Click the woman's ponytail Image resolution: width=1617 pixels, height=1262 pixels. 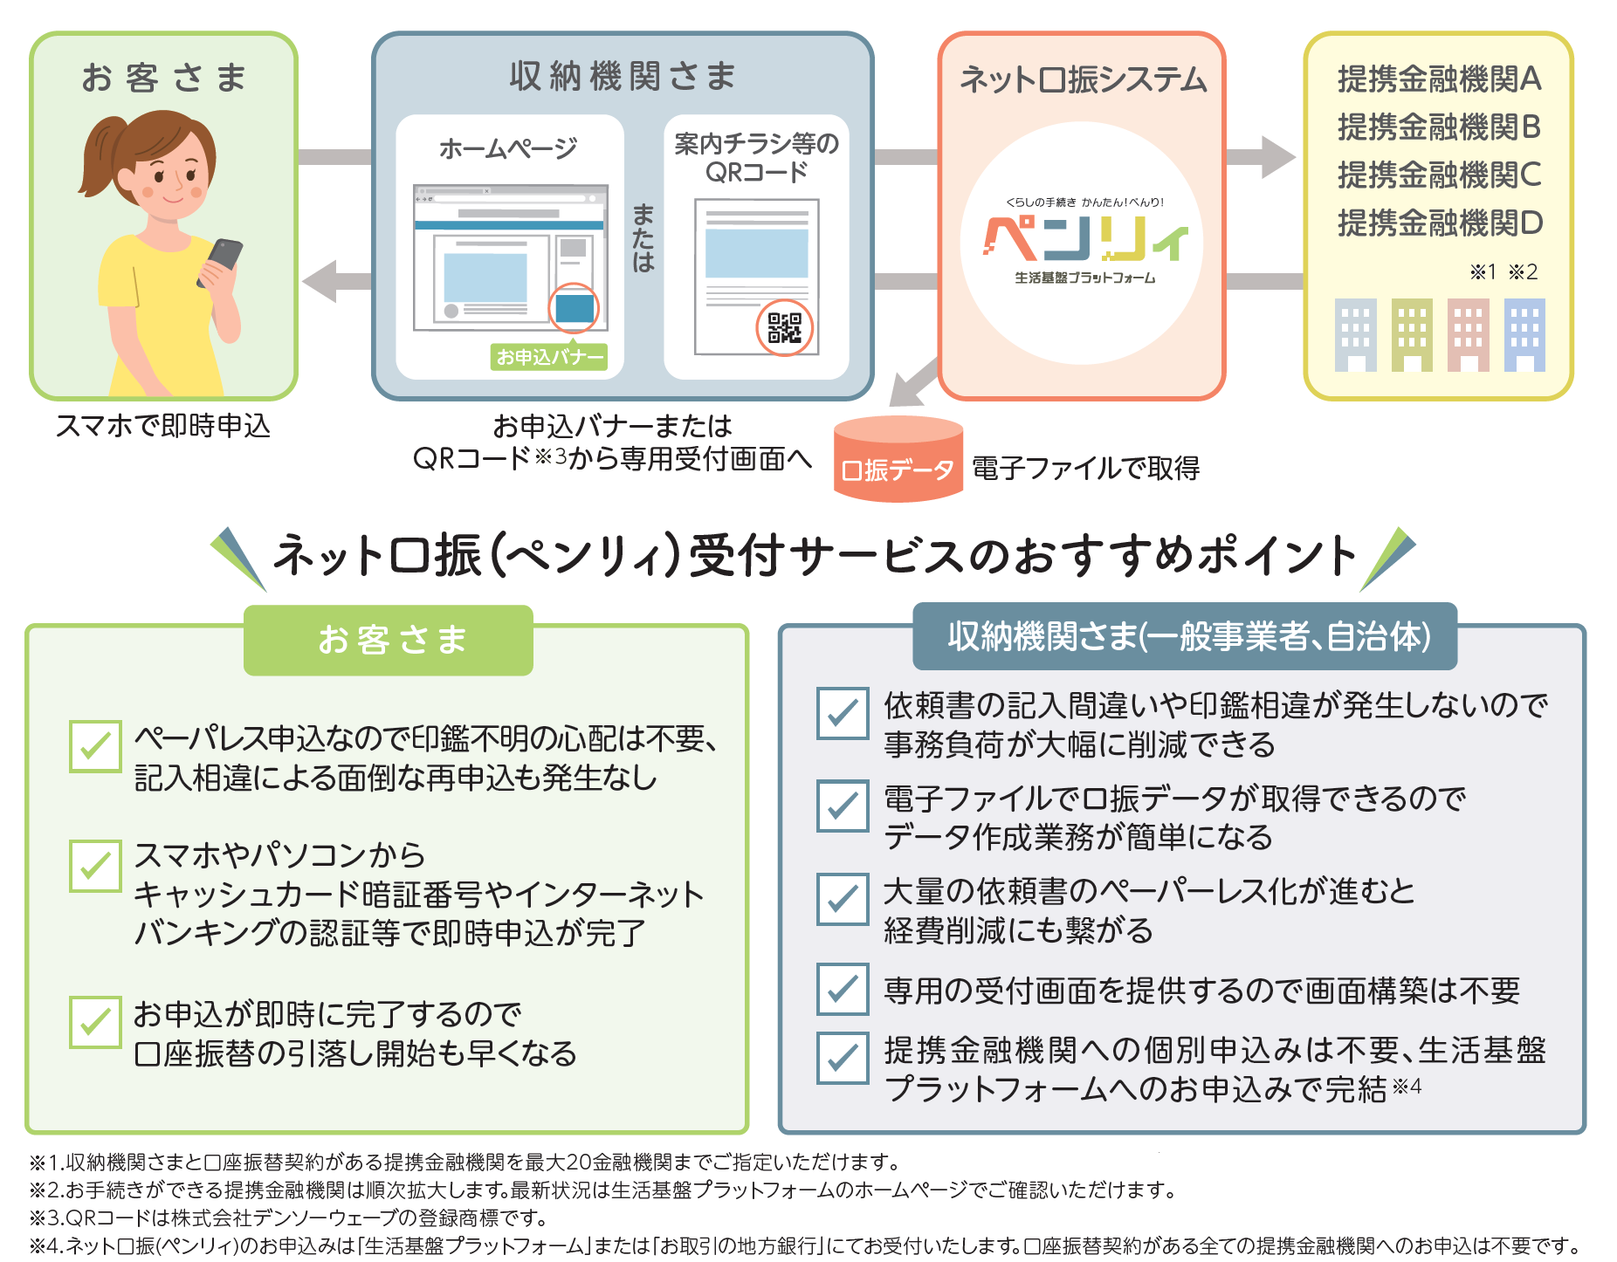[97, 157]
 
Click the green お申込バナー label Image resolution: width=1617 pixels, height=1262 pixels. [548, 357]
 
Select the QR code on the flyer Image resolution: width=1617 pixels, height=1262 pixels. [783, 328]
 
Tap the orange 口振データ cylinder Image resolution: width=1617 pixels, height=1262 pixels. [898, 460]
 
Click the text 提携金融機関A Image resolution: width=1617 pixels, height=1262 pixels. [1439, 79]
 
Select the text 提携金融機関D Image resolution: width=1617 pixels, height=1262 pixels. [1440, 223]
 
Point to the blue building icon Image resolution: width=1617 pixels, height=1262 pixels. [1524, 335]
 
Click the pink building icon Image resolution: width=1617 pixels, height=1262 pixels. [1469, 335]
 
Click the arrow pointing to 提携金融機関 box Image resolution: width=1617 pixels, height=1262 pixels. [1261, 157]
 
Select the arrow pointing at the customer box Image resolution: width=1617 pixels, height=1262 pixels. [337, 281]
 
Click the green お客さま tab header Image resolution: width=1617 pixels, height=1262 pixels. [389, 640]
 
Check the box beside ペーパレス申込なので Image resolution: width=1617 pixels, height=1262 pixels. [95, 746]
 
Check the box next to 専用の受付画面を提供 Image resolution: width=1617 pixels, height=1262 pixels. [843, 989]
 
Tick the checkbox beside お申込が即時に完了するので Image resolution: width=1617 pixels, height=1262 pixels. [95, 1022]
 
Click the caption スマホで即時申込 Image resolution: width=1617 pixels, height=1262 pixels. [163, 426]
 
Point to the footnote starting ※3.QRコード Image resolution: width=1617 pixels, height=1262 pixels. [289, 1217]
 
